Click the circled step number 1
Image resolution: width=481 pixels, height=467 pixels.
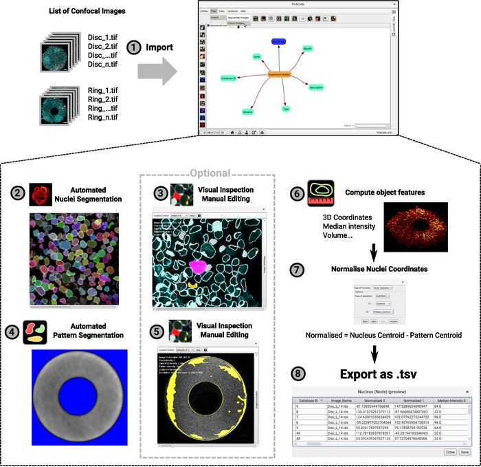coord(135,48)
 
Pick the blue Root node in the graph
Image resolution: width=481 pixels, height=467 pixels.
coord(278,42)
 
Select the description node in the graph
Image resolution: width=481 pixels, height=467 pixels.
coord(316,87)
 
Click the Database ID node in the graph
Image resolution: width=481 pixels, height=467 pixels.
coord(229,78)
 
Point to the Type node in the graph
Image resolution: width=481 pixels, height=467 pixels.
coord(285,109)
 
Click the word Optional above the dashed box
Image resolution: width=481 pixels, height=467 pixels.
coord(209,173)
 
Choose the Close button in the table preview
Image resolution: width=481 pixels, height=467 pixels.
coord(450,452)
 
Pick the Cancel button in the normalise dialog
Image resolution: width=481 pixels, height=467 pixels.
coord(394,321)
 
